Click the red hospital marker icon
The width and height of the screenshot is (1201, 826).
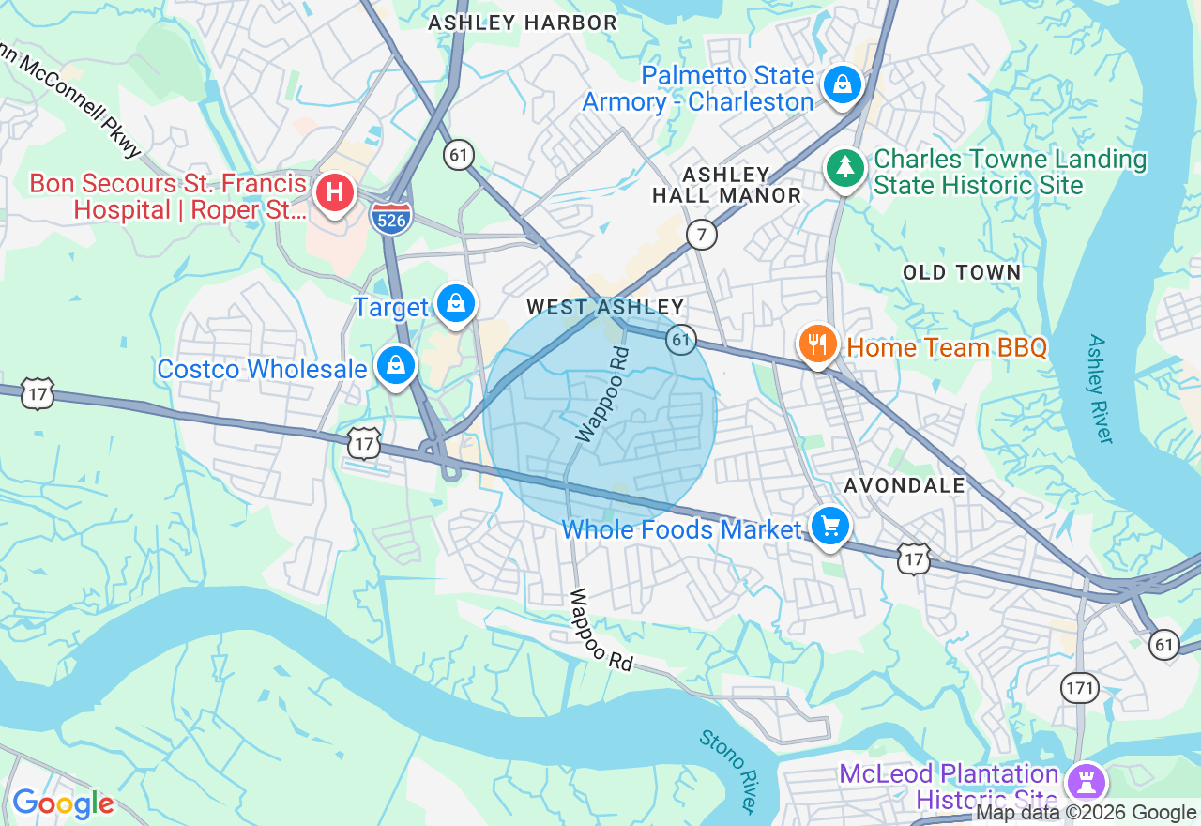(x=334, y=193)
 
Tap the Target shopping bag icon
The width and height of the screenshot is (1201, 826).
(x=456, y=303)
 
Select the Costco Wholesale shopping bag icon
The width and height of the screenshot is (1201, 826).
(x=396, y=365)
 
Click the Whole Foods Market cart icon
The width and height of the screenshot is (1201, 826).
(x=829, y=526)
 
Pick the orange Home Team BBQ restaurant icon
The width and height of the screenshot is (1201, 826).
(x=818, y=344)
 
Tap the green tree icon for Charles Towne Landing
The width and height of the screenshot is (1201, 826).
(x=845, y=168)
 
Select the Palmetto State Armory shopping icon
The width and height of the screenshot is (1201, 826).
(x=842, y=85)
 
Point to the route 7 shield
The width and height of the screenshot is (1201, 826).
(x=701, y=234)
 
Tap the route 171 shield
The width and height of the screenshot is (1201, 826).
(x=1080, y=688)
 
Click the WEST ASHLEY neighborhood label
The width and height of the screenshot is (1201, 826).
(x=605, y=307)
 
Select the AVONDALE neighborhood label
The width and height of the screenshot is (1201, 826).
(x=905, y=485)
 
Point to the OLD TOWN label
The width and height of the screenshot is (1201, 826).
(x=962, y=272)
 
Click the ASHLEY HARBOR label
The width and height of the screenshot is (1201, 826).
(x=523, y=23)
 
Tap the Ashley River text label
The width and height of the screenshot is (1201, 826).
(x=1101, y=389)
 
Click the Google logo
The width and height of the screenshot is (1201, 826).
(x=63, y=803)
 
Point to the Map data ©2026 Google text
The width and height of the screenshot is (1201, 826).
(x=1086, y=813)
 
